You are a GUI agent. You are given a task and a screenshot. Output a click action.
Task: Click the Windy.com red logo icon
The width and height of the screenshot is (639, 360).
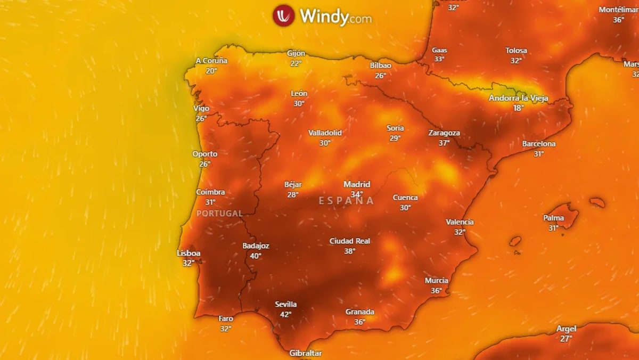[283, 15]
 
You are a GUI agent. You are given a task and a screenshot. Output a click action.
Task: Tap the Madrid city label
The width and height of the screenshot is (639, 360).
[357, 185]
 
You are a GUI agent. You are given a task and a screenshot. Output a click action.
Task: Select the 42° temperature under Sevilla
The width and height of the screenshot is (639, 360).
[286, 314]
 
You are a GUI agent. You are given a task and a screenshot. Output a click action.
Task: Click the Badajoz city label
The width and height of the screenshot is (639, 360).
[256, 246]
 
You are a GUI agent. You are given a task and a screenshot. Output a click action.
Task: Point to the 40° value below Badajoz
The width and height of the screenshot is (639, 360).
[256, 256]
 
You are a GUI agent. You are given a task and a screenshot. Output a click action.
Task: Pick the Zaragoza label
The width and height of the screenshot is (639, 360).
[444, 133]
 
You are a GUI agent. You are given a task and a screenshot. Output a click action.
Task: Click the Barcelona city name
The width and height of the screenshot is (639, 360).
[538, 144]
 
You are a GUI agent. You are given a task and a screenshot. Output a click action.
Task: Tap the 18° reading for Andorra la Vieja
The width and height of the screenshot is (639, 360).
[518, 108]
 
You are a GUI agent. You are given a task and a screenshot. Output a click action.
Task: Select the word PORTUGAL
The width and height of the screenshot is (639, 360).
[219, 214]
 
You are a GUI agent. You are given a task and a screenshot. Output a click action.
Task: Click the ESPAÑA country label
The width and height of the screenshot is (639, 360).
[347, 201]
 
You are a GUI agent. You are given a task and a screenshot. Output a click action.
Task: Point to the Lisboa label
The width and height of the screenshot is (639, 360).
[189, 253]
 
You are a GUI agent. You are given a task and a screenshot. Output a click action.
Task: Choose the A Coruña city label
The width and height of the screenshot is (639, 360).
[211, 61]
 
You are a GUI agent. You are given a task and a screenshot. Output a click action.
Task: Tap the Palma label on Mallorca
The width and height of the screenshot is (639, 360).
[553, 218]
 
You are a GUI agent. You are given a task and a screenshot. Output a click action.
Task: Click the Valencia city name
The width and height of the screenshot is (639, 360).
[460, 222]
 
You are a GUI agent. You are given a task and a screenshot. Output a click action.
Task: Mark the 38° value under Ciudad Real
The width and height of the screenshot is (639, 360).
[349, 251]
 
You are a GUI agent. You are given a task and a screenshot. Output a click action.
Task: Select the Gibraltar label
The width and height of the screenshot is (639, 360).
[305, 353]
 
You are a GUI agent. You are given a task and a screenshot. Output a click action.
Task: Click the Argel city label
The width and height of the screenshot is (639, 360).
[566, 329]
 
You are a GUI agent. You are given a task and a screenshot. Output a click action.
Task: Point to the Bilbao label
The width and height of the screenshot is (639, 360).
[380, 66]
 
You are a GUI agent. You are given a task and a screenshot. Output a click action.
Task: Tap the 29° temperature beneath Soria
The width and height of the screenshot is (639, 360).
[395, 138]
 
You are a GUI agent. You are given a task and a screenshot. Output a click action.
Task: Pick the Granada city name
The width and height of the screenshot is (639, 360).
[359, 312]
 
